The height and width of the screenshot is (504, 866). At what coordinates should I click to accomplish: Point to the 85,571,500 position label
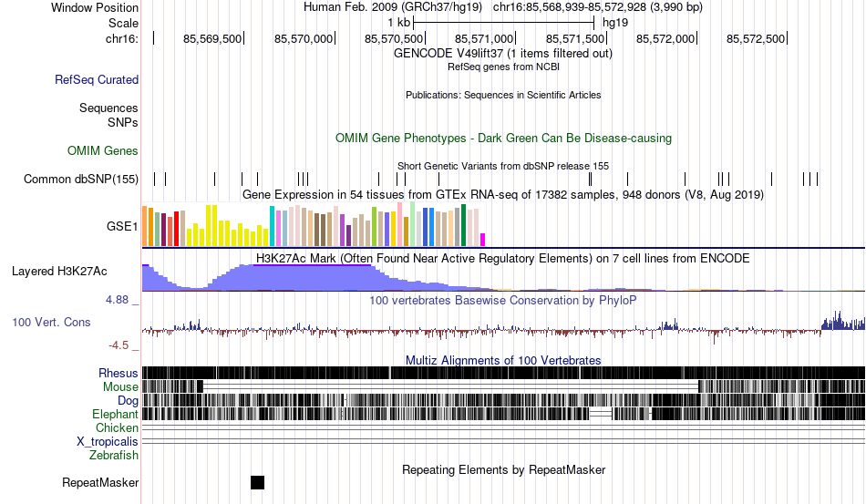575,38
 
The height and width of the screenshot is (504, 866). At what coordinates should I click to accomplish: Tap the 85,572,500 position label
756,38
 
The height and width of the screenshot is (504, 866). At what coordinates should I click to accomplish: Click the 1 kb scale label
398,22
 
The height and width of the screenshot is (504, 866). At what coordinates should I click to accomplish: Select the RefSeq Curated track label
97,80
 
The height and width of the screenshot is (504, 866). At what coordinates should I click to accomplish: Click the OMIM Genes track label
103,150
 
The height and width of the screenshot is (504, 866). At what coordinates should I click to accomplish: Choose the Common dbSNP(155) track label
81,179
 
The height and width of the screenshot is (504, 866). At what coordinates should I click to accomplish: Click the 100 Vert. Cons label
52,322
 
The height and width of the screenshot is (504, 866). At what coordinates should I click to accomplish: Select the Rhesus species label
119,373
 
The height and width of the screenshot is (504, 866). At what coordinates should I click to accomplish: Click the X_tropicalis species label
108,441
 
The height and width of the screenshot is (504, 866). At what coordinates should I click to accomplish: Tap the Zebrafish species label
114,455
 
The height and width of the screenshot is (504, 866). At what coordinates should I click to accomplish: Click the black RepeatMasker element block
257,482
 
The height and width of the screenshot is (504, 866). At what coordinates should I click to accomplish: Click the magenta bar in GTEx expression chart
483,239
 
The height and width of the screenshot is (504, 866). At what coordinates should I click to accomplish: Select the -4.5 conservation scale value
120,345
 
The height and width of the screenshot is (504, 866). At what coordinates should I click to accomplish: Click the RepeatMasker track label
100,482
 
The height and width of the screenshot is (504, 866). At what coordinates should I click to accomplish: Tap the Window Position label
95,7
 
